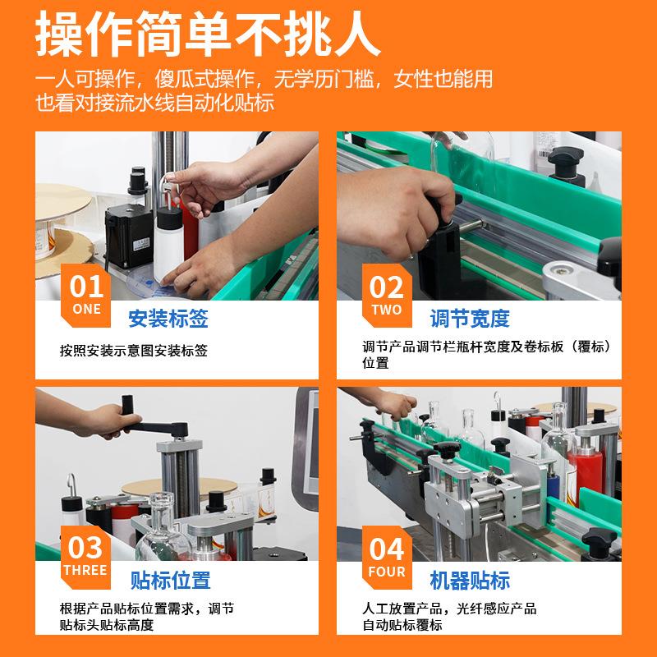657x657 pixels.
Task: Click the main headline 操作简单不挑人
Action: [x=208, y=34]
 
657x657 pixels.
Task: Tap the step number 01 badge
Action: [x=85, y=287]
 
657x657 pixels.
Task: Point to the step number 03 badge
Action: [x=85, y=547]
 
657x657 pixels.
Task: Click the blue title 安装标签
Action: [x=168, y=319]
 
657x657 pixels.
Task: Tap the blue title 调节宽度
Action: [x=470, y=319]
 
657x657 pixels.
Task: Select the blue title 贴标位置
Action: [x=171, y=581]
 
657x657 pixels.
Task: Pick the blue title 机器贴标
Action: [x=470, y=581]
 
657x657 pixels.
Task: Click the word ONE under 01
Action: [x=85, y=310]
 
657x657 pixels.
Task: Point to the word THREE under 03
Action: [x=85, y=570]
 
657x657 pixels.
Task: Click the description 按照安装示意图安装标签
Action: [x=134, y=351]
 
